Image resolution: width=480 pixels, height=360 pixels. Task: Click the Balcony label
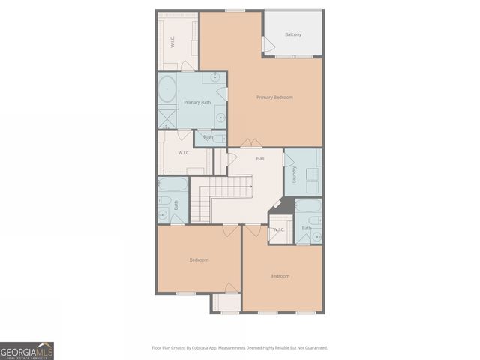click(x=293, y=34)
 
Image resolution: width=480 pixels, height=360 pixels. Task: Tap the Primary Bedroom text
click(x=274, y=97)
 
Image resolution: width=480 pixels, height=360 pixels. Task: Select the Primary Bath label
click(x=197, y=102)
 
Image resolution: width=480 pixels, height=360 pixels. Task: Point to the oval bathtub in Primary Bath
click(x=166, y=90)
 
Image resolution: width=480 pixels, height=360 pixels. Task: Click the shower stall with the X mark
click(x=166, y=117)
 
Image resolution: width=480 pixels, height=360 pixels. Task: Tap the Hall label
click(x=260, y=159)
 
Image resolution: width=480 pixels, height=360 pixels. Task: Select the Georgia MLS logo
click(x=27, y=350)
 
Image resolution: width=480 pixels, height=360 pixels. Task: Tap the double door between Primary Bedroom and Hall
click(x=251, y=144)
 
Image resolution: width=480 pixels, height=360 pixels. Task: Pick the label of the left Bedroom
click(x=199, y=259)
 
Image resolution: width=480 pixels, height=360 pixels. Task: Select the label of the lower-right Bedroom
click(x=280, y=276)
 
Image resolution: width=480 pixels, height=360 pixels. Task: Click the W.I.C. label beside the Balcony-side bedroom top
click(x=172, y=42)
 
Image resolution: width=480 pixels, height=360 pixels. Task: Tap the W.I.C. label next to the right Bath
click(x=278, y=229)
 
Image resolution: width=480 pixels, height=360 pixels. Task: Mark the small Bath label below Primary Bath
click(x=208, y=137)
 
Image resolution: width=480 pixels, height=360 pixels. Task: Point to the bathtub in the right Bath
click(x=309, y=205)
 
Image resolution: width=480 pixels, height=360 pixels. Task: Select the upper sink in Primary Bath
click(x=215, y=77)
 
